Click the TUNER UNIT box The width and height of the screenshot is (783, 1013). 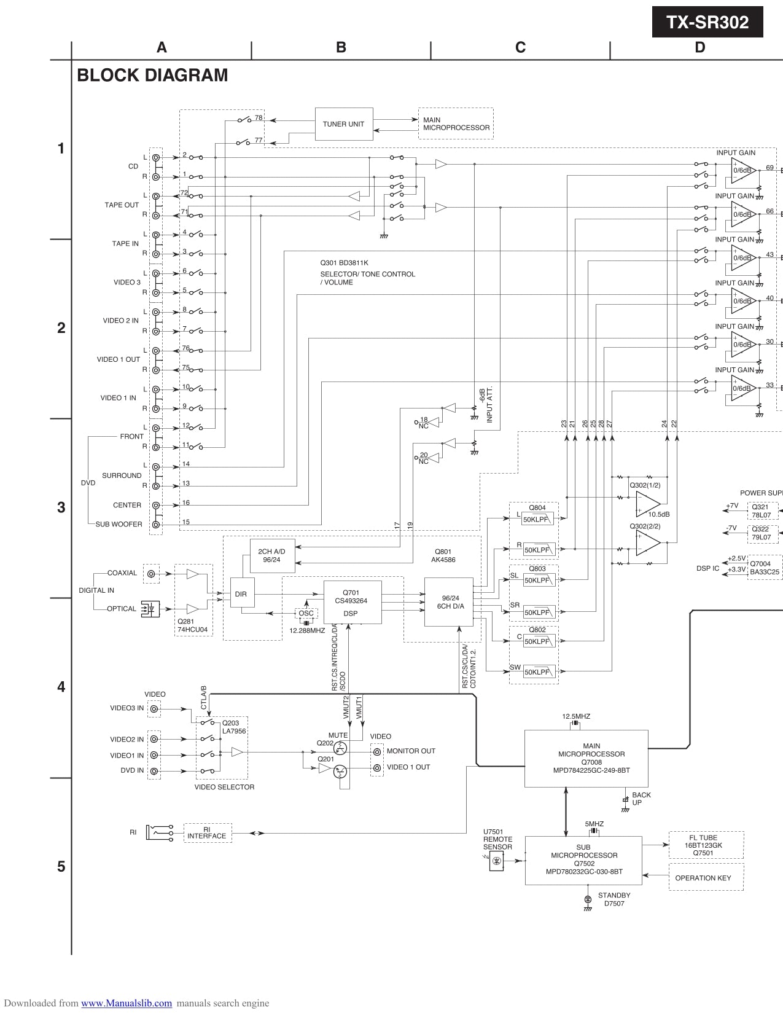coord(343,124)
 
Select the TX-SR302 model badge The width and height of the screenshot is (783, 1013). coord(707,23)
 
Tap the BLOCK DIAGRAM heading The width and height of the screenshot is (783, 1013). coord(152,76)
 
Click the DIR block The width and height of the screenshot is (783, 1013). coord(241,594)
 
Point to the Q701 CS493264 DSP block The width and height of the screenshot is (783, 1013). coord(353,601)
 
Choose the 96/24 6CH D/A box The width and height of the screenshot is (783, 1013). coord(449,601)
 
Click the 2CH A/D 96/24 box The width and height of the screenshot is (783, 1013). coord(272,556)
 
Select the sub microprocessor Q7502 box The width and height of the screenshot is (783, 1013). coord(583,860)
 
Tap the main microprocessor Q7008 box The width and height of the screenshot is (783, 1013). coord(586,758)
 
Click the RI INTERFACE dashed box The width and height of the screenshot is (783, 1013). coord(208,833)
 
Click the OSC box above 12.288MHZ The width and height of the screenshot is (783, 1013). coord(306,613)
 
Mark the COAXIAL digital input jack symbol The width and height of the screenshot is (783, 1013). coord(151,574)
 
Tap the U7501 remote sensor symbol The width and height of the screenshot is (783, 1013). coord(497,861)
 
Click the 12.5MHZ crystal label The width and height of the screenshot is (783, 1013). coord(576,716)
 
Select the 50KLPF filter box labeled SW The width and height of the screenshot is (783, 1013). coord(539,672)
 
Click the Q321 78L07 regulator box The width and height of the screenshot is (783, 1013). coord(762,511)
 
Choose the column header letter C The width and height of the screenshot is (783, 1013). coord(520,48)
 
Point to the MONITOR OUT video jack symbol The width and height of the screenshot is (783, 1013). coord(376,751)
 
